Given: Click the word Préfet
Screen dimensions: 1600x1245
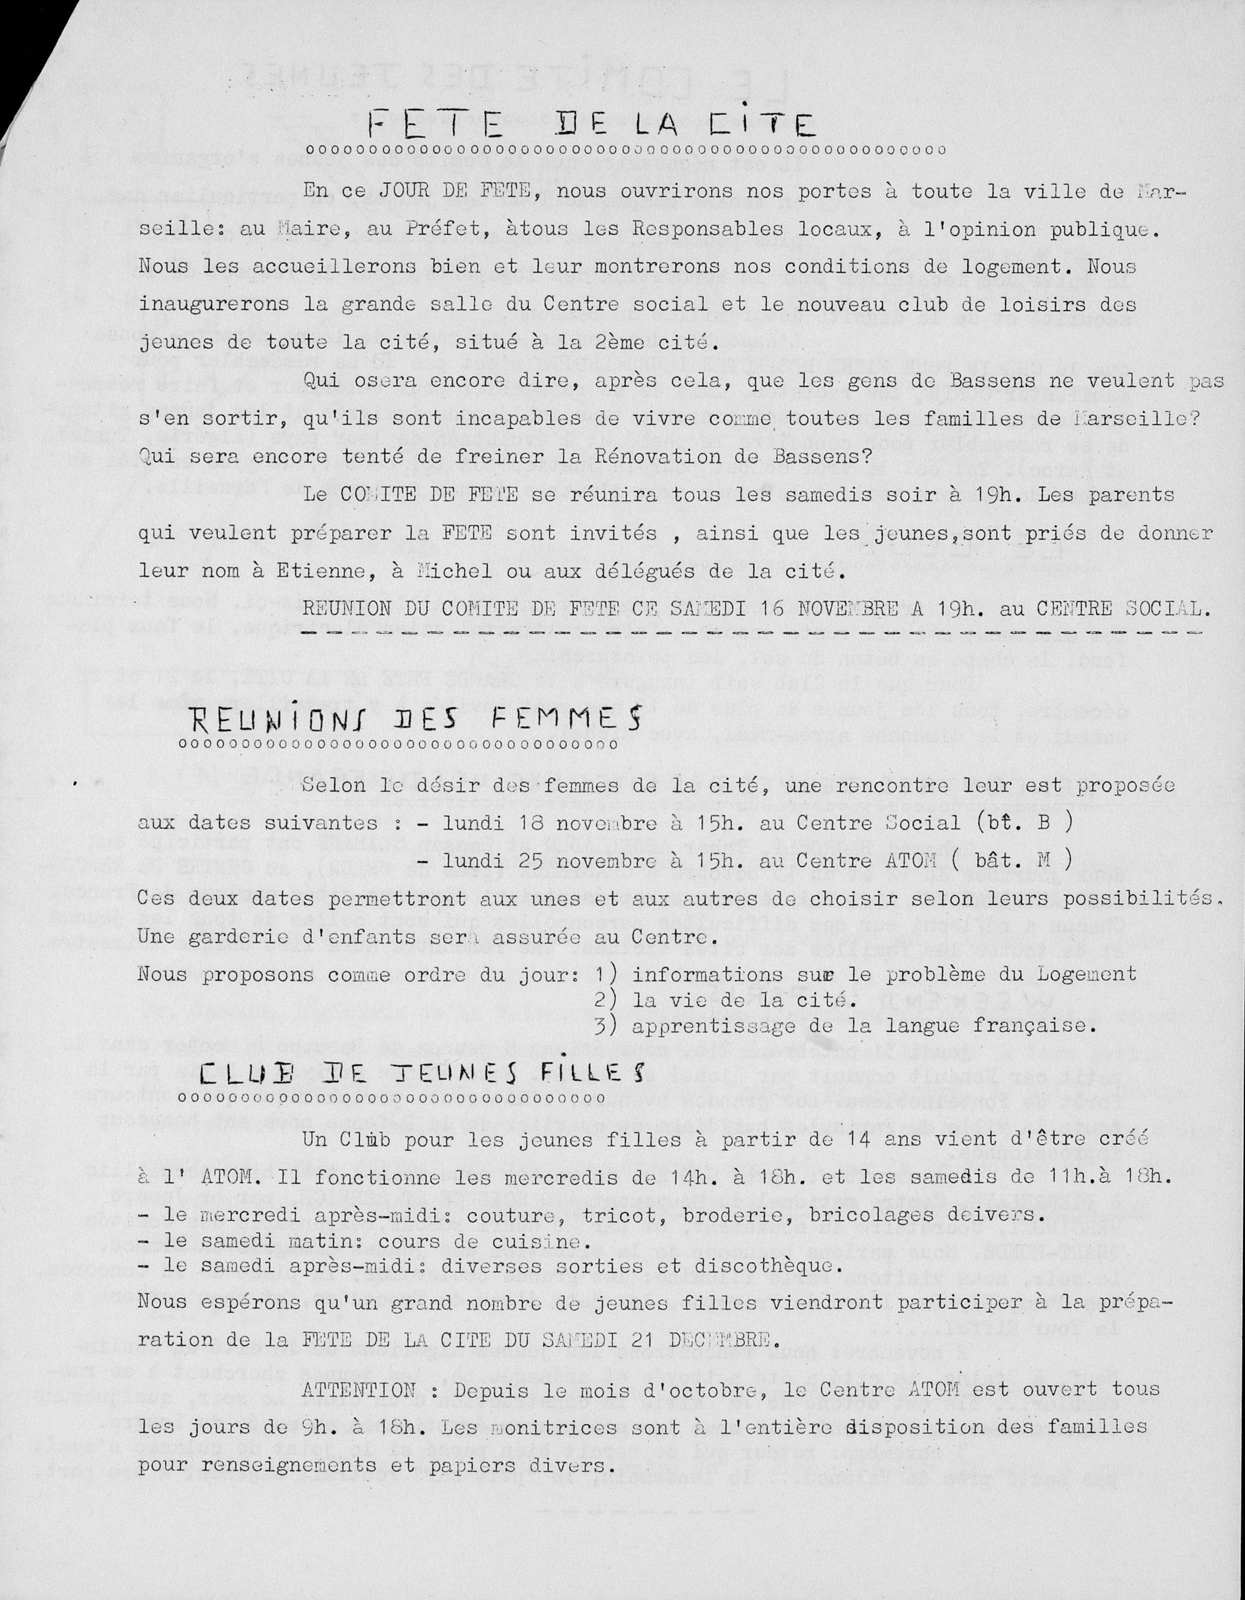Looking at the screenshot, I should pyautogui.click(x=445, y=229).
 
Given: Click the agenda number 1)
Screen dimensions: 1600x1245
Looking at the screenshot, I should pyautogui.click(x=606, y=975).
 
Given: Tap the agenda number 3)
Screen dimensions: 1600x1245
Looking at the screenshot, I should pyautogui.click(x=606, y=1026).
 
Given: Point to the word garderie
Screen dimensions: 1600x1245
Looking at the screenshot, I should pyautogui.click(x=236, y=937).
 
